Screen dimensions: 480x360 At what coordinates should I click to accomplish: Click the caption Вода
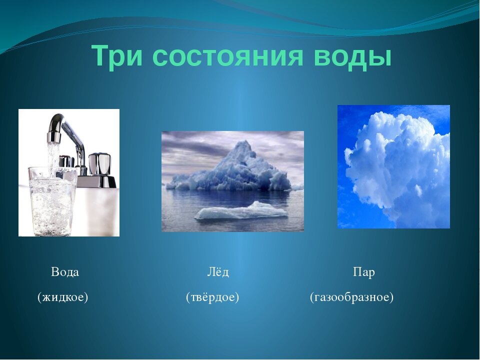[65, 272]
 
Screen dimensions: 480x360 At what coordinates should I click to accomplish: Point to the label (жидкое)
[63, 297]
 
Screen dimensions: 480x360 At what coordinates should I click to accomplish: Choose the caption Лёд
[218, 271]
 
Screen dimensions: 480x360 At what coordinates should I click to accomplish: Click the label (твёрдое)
[212, 297]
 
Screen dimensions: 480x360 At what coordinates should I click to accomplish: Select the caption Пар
[364, 272]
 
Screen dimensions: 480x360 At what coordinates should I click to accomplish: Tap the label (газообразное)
[351, 297]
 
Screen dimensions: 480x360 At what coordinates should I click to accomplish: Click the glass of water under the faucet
[52, 201]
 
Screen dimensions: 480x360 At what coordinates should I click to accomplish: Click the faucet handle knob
[99, 164]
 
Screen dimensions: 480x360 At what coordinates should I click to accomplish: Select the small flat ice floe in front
[241, 211]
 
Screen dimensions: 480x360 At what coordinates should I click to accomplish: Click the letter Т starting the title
[102, 55]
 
